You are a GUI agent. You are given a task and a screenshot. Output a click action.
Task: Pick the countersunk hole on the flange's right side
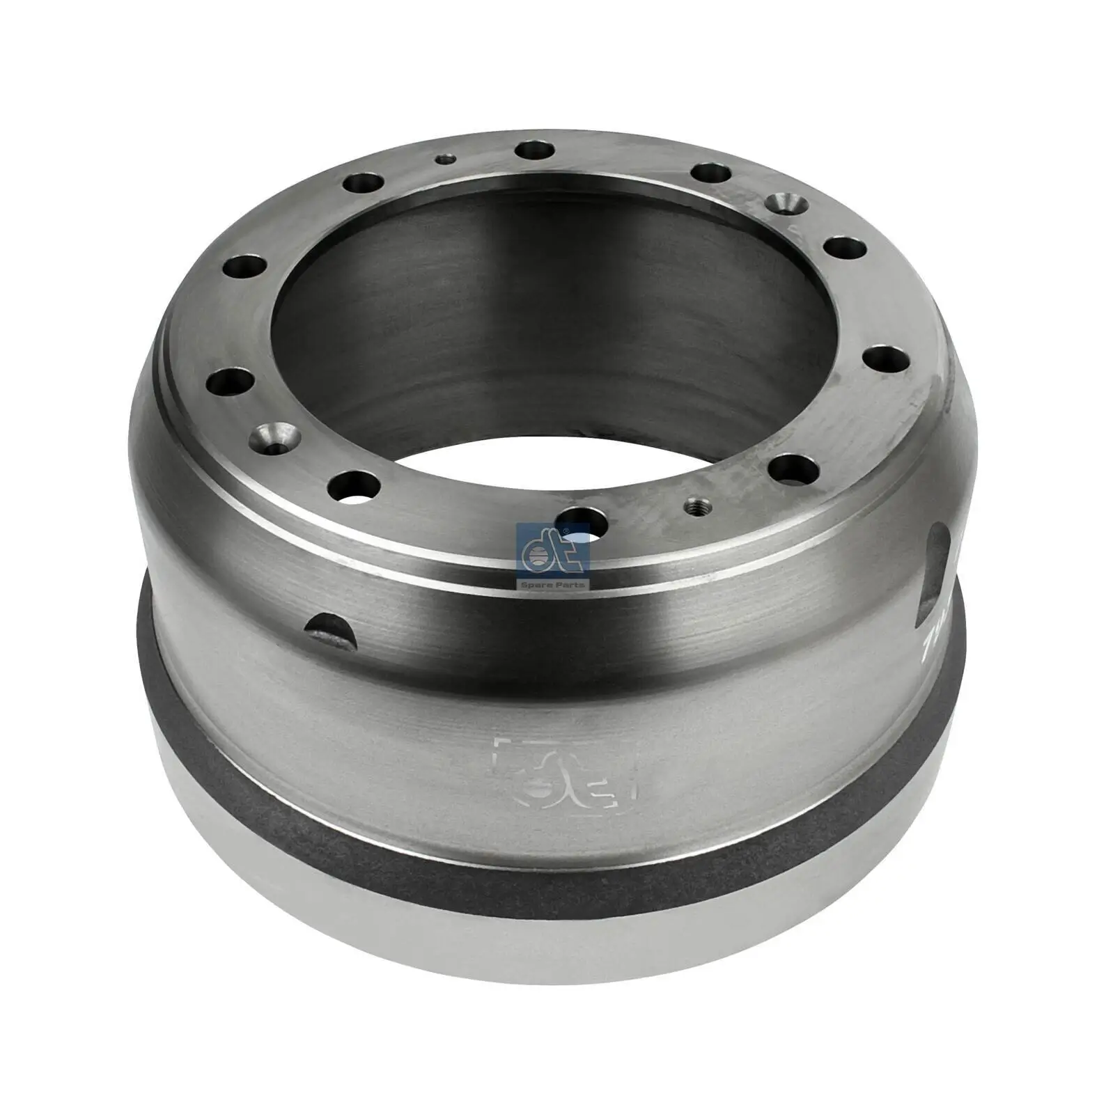click(785, 204)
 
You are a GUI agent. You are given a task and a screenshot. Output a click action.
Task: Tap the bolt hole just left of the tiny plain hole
click(363, 185)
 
